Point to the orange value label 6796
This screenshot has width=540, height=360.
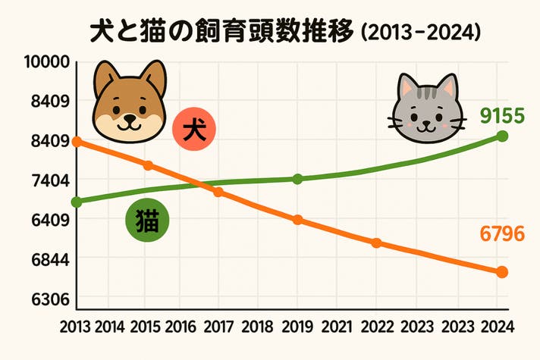[502, 234]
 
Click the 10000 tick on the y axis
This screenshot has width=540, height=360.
[48, 63]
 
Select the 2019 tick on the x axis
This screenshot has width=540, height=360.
[297, 327]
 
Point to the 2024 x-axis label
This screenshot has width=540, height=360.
[497, 327]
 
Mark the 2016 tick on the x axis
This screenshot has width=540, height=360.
[180, 327]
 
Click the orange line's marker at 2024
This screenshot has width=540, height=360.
[501, 272]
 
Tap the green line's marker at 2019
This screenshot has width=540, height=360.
[297, 179]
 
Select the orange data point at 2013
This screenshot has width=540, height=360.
[77, 142]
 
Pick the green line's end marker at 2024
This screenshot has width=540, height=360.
[502, 136]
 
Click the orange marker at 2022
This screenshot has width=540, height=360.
[376, 243]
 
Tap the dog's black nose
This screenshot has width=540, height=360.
[130, 119]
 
